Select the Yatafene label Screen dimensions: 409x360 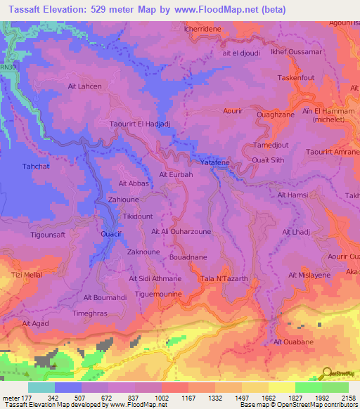[x=214, y=162]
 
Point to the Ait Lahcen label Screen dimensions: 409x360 [x=84, y=86]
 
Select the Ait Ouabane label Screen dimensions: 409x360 [x=289, y=342]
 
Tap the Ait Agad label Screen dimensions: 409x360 [x=35, y=323]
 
